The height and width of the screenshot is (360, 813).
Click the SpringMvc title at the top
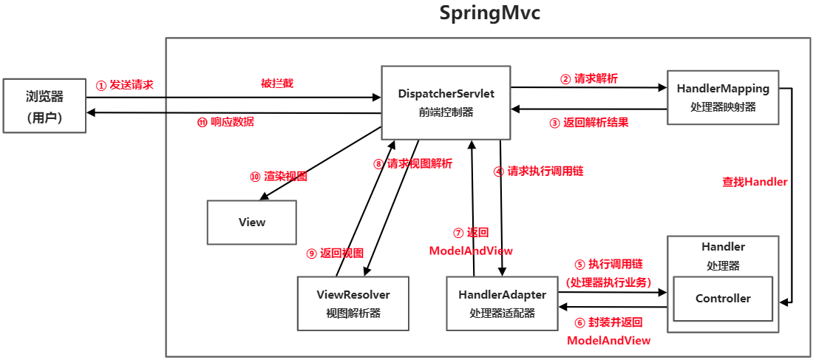(x=490, y=14)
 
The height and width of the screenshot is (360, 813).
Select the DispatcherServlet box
(x=446, y=103)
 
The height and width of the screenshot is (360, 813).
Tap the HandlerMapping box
(x=723, y=97)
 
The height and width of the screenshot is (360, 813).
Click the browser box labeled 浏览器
(x=44, y=106)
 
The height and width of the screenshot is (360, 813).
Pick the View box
(x=252, y=222)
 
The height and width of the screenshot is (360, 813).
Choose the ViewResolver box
(x=353, y=303)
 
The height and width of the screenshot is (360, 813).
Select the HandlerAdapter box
(x=502, y=303)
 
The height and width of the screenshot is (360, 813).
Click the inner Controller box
(x=723, y=299)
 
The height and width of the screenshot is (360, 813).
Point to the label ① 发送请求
(x=125, y=85)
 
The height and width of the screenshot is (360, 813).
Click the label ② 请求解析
(x=588, y=78)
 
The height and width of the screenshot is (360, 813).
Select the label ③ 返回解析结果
(x=589, y=123)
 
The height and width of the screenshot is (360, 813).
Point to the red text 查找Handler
(x=755, y=182)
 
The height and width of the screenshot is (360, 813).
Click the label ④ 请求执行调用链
(x=539, y=171)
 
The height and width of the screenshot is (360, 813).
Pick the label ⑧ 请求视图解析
(x=412, y=164)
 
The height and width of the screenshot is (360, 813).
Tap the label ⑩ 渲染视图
(x=278, y=177)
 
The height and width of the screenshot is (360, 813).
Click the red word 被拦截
(x=277, y=84)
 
